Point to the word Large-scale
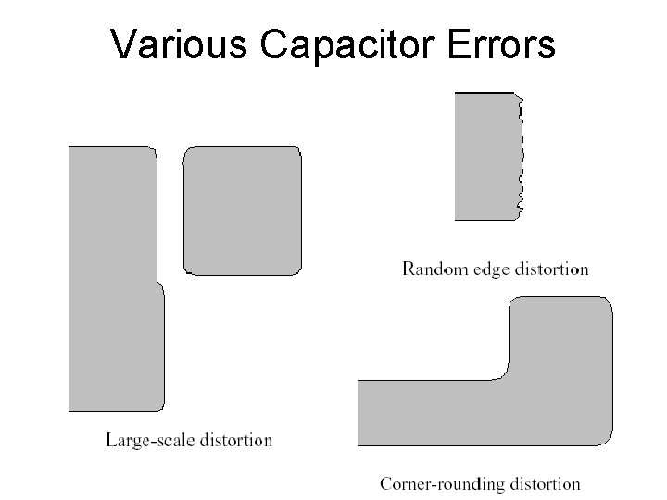coord(149,440)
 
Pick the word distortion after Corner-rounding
coord(540,483)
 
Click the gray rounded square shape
coord(243,211)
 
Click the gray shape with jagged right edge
coord(485,156)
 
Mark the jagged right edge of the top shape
coord(520,156)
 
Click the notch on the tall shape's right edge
coord(158,283)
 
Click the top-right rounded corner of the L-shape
coord(607,303)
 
